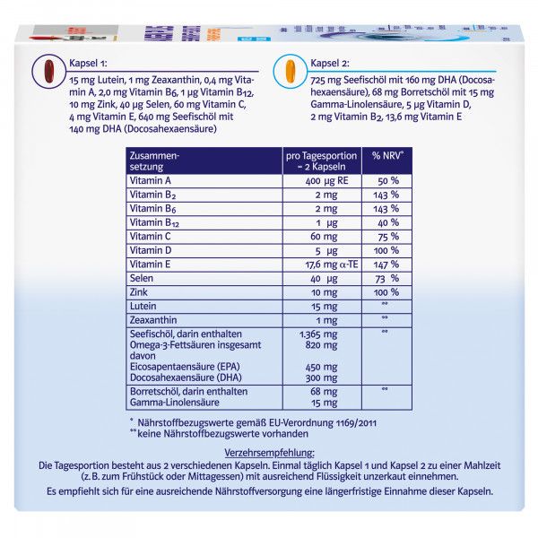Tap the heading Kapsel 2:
tap(332, 64)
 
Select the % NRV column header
tap(386, 156)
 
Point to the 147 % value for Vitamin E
tap(386, 265)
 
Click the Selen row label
tap(143, 279)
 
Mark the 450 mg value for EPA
tap(324, 366)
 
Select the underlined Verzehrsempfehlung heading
tap(269, 453)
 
